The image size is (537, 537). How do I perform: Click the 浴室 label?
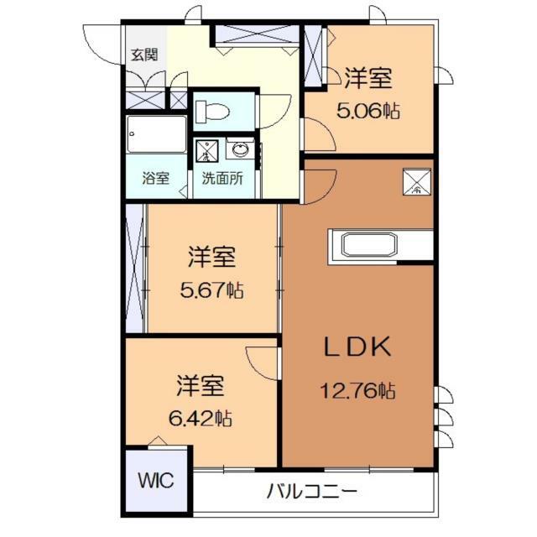tap(156, 179)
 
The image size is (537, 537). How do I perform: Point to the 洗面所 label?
tap(222, 179)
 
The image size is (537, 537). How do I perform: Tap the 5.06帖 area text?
tap(368, 110)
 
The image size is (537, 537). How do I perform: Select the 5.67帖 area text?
tap(211, 291)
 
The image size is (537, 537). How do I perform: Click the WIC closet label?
tap(156, 482)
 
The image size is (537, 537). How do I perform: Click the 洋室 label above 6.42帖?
tap(200, 387)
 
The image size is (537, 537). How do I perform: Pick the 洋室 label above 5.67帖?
tap(211, 255)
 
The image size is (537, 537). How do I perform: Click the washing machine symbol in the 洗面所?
tap(207, 152)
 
